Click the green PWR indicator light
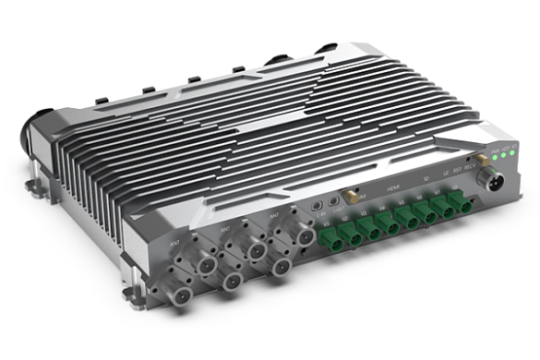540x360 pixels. (x=495, y=155)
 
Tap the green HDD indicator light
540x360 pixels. (x=505, y=153)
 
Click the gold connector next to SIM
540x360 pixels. (x=350, y=196)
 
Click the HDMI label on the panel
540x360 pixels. (x=392, y=187)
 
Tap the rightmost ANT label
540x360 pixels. (x=272, y=216)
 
